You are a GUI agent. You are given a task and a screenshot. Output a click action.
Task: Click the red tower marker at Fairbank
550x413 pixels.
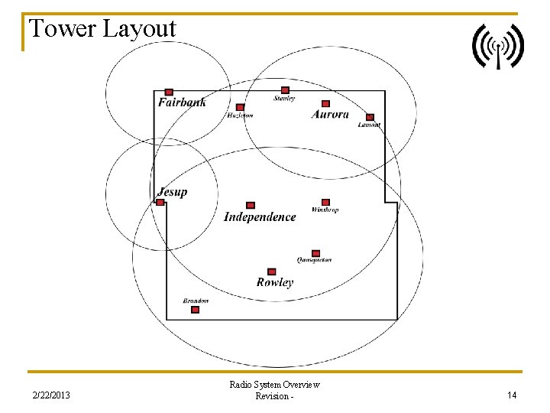(x=169, y=92)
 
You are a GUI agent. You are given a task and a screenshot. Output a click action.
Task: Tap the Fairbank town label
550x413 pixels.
(x=182, y=102)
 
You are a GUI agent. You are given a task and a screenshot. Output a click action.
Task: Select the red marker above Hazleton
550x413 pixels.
(x=240, y=107)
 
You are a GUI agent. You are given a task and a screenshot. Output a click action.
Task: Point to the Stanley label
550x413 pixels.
(x=284, y=99)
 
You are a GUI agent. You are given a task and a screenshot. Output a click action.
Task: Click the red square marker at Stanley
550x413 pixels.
(x=285, y=90)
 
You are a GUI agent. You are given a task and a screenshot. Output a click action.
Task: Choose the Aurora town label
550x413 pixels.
(x=330, y=115)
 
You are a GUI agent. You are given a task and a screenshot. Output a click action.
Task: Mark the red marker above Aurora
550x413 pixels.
(x=325, y=103)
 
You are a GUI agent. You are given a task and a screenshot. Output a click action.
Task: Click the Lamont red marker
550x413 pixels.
(x=370, y=117)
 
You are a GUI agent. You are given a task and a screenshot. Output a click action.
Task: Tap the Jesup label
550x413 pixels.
(x=172, y=193)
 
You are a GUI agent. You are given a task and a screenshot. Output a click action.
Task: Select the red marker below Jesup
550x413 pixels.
(x=160, y=203)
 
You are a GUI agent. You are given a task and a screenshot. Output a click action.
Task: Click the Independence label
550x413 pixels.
(x=260, y=217)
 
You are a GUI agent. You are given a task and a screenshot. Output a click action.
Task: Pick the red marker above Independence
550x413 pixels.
(x=251, y=205)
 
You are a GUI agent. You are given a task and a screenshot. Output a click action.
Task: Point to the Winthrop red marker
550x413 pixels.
(x=325, y=202)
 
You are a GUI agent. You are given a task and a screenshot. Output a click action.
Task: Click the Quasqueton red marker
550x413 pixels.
(x=315, y=253)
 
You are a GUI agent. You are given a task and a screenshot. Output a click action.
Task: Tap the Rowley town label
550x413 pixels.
(x=274, y=282)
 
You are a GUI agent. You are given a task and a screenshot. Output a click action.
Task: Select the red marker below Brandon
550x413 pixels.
(x=195, y=310)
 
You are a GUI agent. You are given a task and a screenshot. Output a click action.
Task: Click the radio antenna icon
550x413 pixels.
(x=497, y=46)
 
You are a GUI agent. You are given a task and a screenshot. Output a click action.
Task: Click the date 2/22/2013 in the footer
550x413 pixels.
(x=51, y=395)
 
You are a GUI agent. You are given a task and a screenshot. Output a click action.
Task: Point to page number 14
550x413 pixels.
(x=512, y=395)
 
